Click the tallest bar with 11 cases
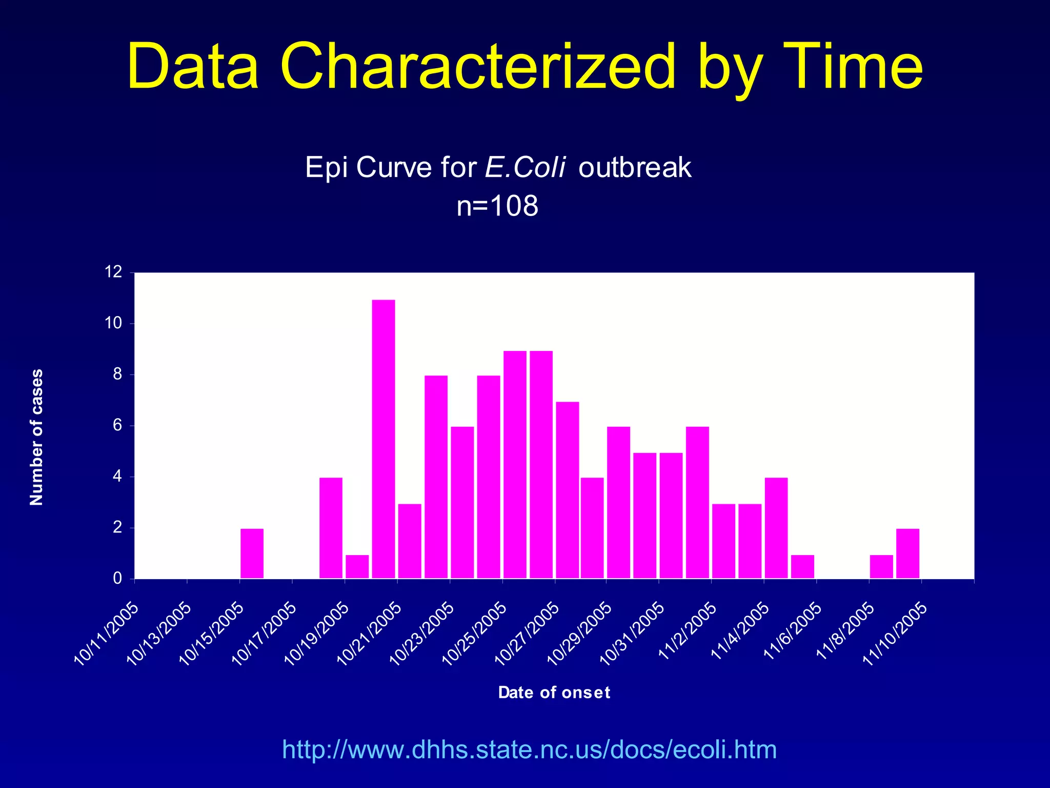[x=383, y=439]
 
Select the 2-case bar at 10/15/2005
[x=252, y=554]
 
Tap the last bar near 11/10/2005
[x=907, y=554]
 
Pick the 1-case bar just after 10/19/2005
[x=357, y=566]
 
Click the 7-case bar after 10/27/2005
[x=567, y=490]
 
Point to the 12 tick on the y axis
[x=113, y=272]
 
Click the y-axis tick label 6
[x=117, y=425]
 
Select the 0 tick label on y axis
[x=117, y=579]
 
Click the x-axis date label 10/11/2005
[x=107, y=634]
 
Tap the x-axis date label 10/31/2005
[x=632, y=634]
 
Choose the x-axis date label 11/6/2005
[x=793, y=631]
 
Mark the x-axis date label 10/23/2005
[x=422, y=634]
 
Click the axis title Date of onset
[x=554, y=693]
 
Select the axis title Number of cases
[x=36, y=437]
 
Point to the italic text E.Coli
[x=525, y=167]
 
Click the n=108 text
[x=497, y=206]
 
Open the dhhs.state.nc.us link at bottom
[x=529, y=750]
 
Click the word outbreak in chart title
[x=635, y=167]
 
